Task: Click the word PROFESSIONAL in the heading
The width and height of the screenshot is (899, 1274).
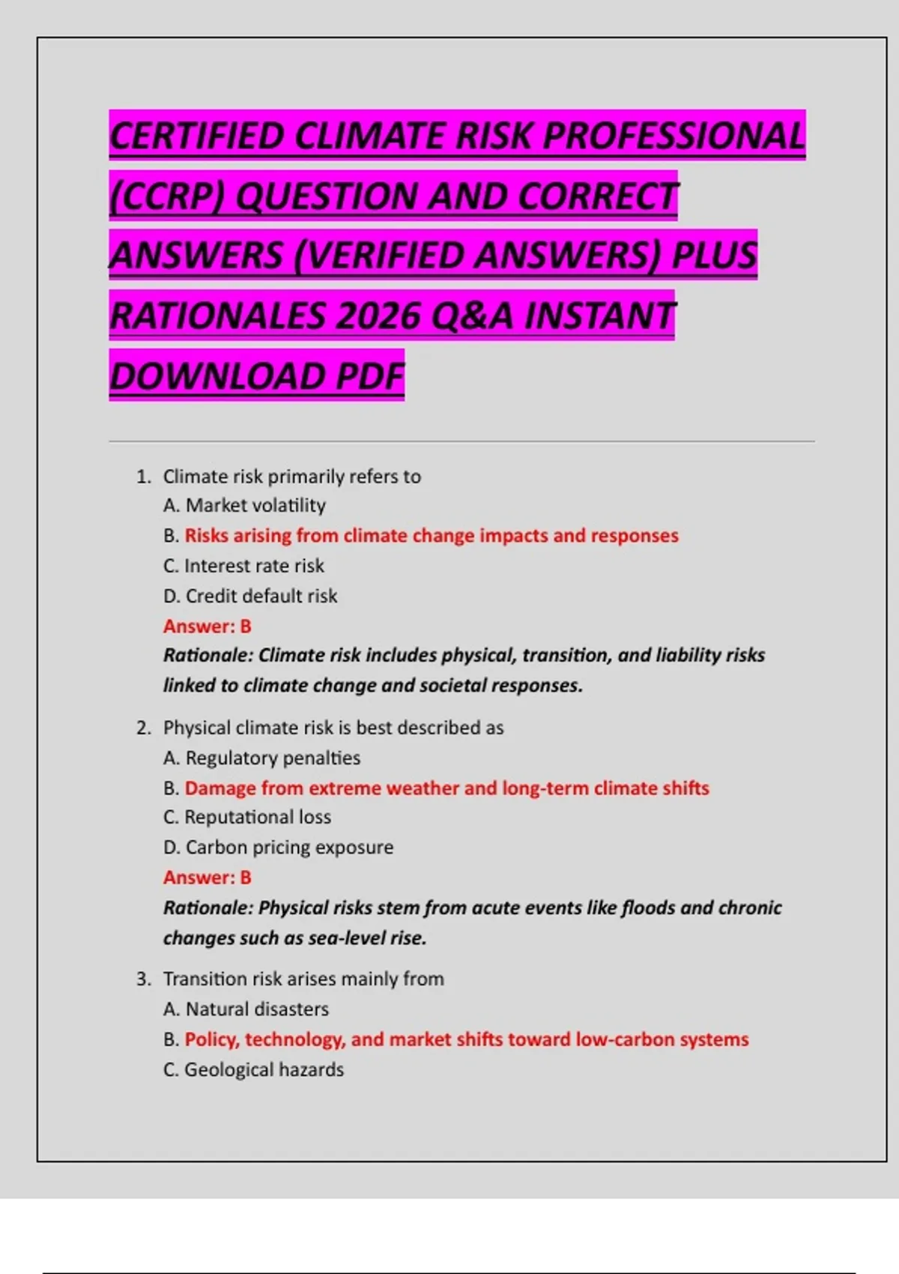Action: (x=674, y=136)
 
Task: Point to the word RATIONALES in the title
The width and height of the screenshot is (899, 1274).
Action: (x=217, y=316)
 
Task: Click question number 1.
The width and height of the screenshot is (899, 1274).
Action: (x=143, y=477)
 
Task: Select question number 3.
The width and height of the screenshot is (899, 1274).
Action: (x=143, y=979)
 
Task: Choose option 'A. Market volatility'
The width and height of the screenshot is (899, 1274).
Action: (x=245, y=506)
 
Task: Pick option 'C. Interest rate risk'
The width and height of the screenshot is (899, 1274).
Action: (x=244, y=566)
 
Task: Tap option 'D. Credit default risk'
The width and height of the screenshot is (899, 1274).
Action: (x=250, y=596)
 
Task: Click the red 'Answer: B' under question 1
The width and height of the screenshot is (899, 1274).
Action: (x=208, y=626)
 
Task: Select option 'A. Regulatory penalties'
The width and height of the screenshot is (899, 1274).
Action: (x=262, y=758)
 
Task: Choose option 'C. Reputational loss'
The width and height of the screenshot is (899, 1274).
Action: (x=247, y=817)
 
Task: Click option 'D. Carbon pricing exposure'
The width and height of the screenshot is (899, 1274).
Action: (x=279, y=847)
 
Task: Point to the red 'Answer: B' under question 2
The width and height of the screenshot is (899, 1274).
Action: (x=208, y=877)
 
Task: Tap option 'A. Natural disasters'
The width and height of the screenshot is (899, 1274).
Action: (x=246, y=1009)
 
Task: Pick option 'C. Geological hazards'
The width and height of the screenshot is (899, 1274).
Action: (x=254, y=1069)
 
